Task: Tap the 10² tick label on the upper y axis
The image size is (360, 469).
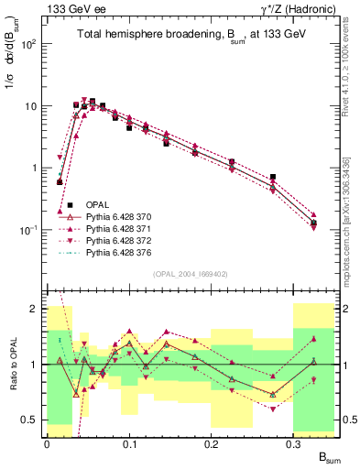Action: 29,44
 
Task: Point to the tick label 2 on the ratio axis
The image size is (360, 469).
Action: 35,309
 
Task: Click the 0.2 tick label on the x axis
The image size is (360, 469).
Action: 212,443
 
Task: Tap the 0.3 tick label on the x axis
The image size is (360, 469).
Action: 294,443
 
